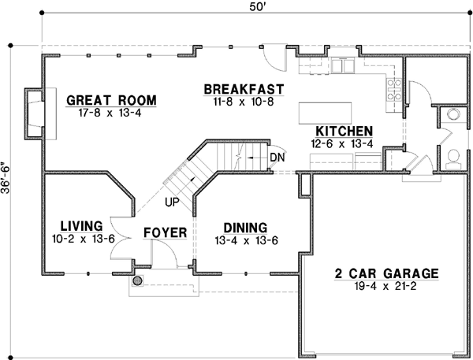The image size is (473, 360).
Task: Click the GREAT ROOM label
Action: (111, 100)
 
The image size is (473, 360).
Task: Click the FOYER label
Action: (164, 232)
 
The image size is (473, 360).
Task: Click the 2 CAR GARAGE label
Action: (385, 273)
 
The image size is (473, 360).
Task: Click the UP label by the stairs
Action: (172, 202)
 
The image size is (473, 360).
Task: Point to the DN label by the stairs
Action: (277, 157)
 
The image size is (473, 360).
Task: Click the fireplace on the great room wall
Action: (36, 114)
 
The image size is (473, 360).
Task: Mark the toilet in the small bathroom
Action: (453, 158)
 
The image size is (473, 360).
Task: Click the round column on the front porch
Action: (137, 280)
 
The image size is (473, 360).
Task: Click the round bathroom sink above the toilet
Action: (453, 113)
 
